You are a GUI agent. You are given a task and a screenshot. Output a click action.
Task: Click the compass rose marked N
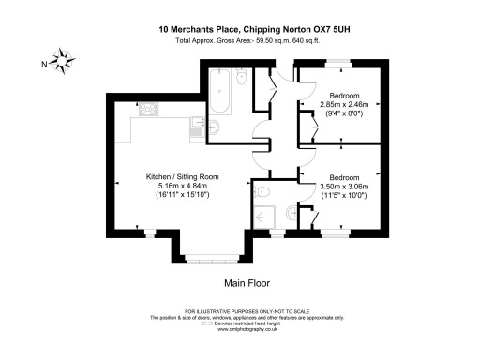pos(63,62)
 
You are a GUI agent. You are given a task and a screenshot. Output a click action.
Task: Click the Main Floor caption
pos(247,282)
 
